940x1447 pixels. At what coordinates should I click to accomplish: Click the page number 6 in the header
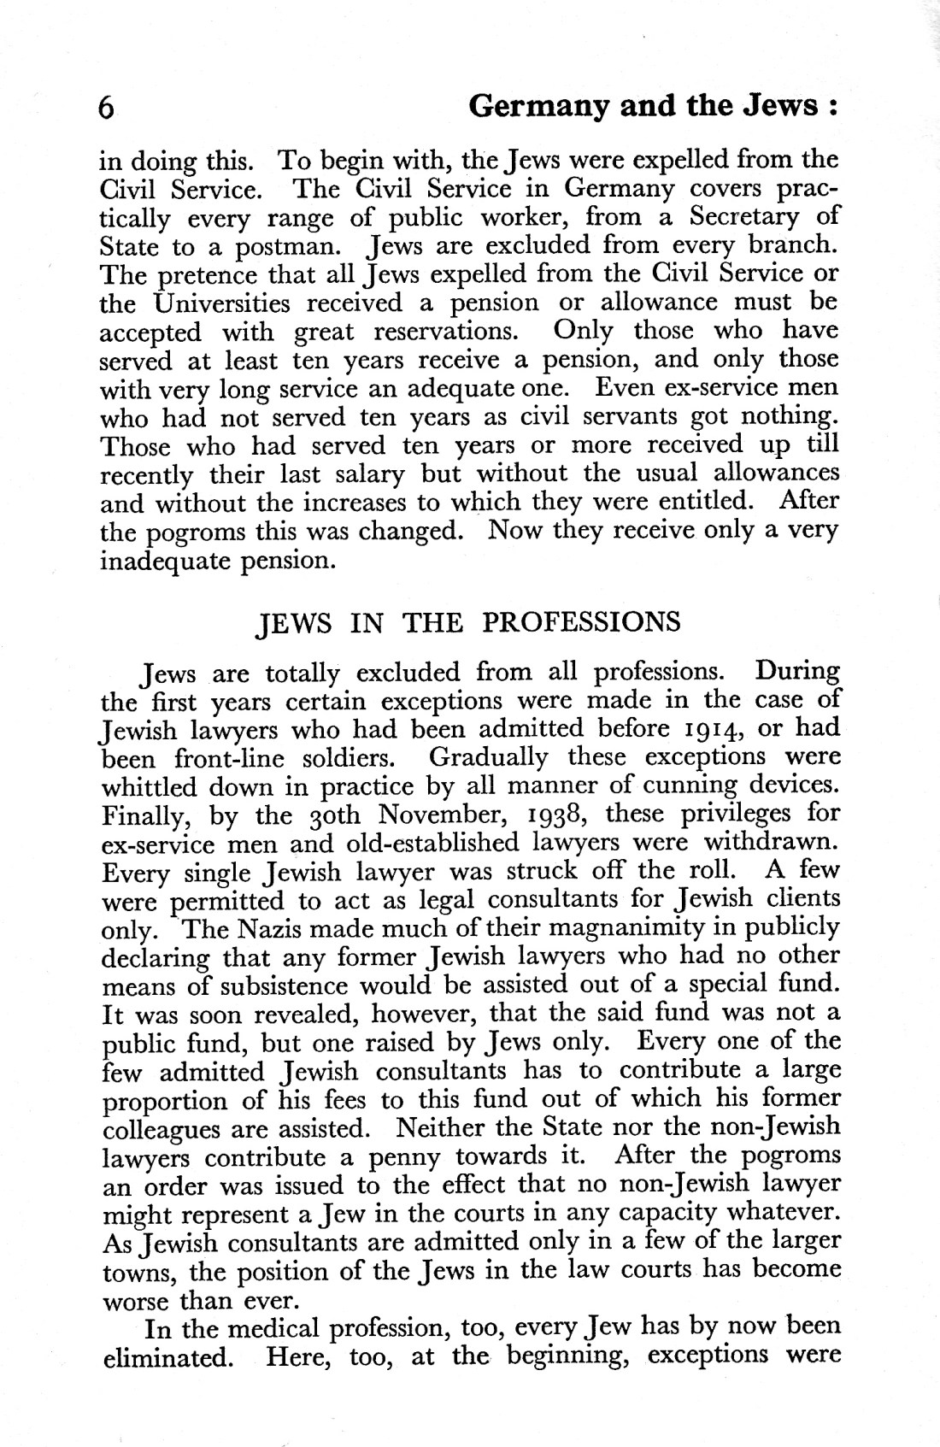coord(107,109)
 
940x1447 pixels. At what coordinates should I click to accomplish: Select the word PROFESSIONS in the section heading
coord(581,621)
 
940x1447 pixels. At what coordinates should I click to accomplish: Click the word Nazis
coord(270,927)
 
